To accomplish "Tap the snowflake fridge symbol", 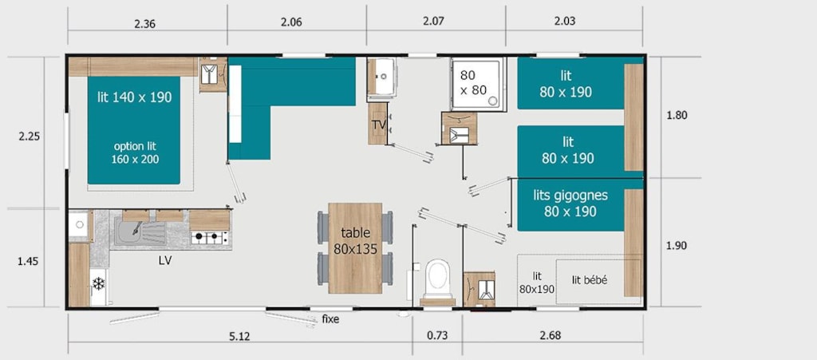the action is click(x=98, y=284).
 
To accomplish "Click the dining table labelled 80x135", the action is click(x=355, y=248).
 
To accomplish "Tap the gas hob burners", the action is click(x=210, y=238).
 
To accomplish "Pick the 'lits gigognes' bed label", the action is click(x=570, y=196).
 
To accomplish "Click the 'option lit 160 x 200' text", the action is click(x=135, y=152).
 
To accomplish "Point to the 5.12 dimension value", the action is click(x=239, y=336).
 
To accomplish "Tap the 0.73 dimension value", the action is click(x=436, y=335).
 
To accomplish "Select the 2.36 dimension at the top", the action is click(x=145, y=23).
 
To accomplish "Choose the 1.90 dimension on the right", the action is click(x=677, y=246).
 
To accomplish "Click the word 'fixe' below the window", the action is click(x=330, y=319).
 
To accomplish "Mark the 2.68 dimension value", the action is click(x=551, y=335).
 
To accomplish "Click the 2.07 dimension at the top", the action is click(x=433, y=22).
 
